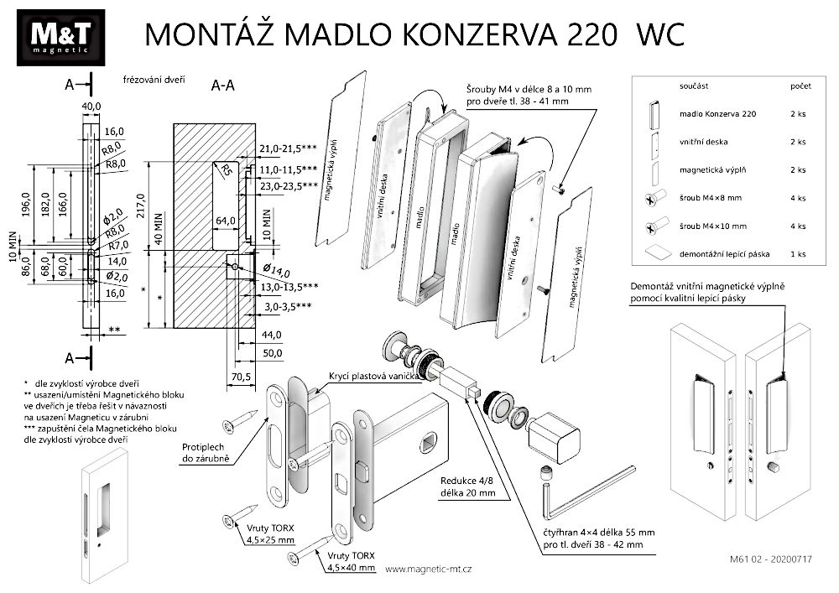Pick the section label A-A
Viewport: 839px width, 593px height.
point(223,85)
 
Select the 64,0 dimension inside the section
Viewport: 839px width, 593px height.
point(225,221)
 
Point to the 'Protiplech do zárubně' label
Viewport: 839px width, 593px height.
point(206,453)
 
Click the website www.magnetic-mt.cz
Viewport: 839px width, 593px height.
point(428,569)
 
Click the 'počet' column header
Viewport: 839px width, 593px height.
point(800,86)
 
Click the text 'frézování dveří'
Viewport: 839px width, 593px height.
point(153,81)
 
